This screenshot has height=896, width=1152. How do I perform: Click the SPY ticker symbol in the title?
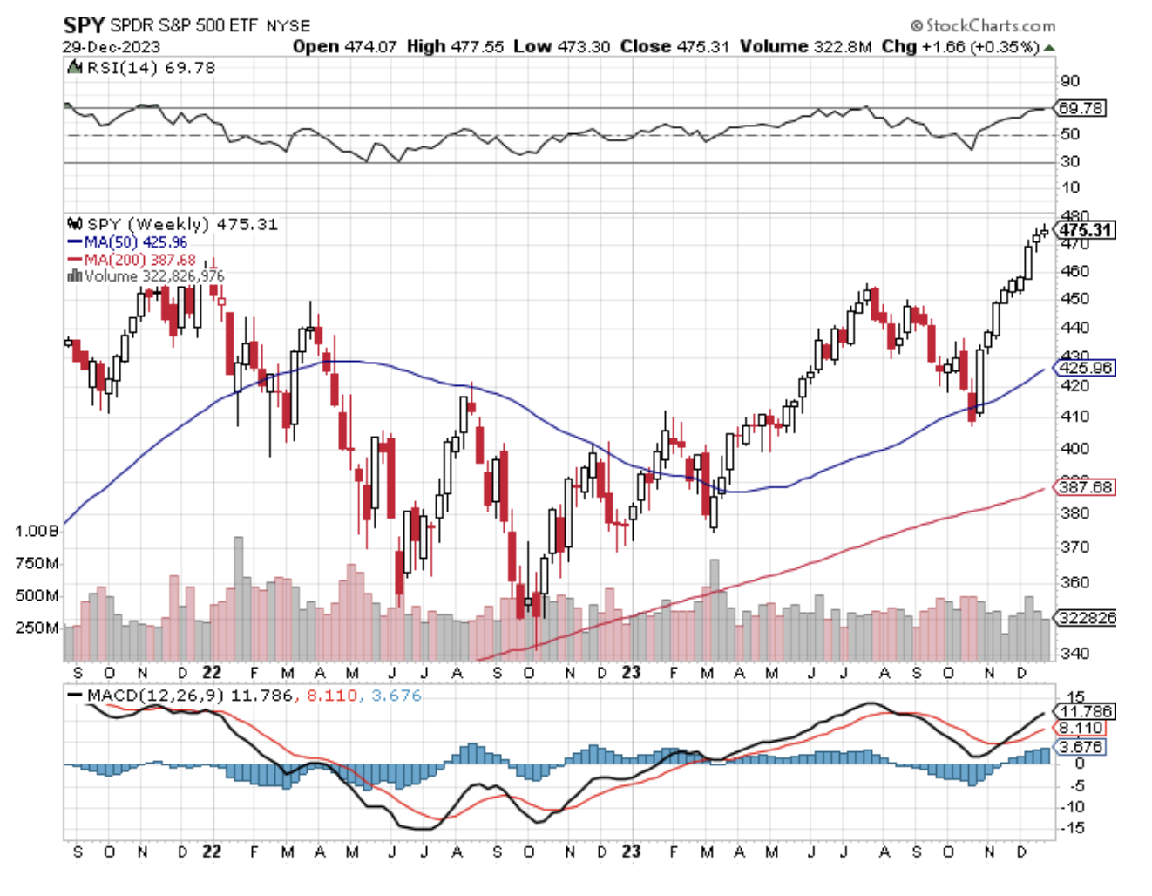84,24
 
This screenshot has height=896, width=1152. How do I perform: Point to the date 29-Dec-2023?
112,47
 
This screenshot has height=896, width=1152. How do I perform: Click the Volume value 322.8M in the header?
842,46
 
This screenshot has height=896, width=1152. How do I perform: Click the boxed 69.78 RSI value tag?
1081,108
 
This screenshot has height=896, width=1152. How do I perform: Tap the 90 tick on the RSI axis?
1070,81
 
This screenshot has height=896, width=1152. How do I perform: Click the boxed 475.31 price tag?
1086,230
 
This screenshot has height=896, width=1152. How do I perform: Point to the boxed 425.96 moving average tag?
1086,368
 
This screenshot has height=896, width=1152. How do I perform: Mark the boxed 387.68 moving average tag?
1086,487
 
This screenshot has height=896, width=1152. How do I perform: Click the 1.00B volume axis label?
37,531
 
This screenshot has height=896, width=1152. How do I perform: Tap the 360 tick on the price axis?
1074,582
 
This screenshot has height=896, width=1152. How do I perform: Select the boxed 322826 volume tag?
1086,618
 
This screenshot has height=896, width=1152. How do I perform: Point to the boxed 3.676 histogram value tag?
1081,747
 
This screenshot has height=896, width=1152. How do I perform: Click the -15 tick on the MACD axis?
1074,828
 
